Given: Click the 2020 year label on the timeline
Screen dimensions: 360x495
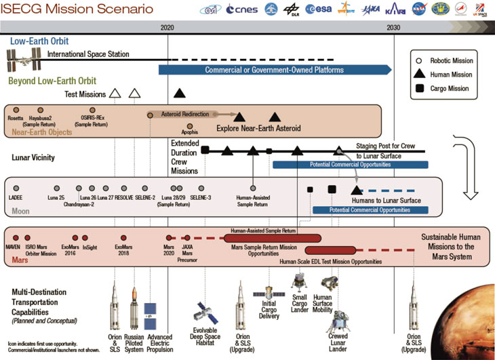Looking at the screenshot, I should tap(168, 28).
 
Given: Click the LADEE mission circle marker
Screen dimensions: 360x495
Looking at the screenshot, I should tap(16, 187).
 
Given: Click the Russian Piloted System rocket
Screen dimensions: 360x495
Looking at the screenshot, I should tap(134, 302).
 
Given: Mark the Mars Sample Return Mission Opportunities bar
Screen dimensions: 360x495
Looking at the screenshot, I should tap(271, 238).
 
